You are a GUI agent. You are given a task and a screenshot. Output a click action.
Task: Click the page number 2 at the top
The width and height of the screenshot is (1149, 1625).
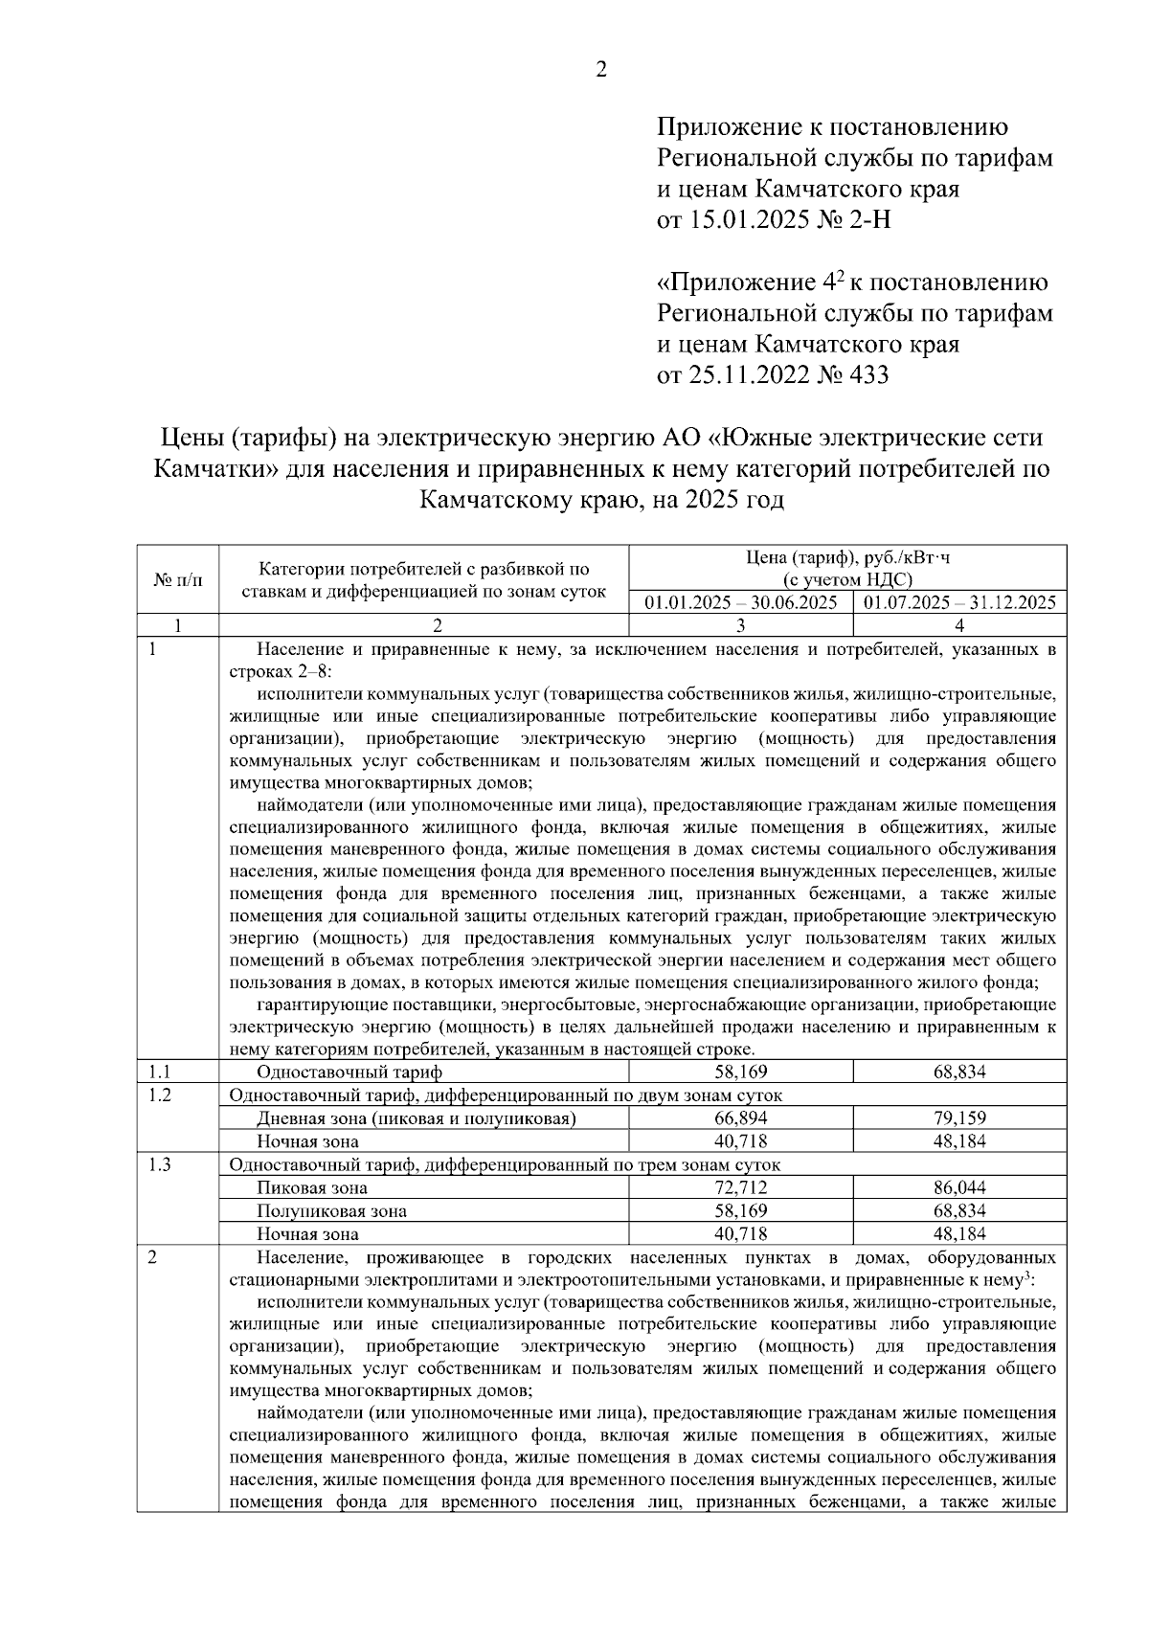tap(601, 70)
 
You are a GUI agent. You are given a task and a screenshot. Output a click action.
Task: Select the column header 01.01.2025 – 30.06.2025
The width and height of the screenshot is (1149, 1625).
tap(741, 602)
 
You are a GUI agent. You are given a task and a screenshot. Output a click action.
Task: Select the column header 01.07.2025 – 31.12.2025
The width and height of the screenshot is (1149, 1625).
tap(959, 602)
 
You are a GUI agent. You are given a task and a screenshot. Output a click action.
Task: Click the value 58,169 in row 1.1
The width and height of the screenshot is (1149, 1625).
tap(741, 1072)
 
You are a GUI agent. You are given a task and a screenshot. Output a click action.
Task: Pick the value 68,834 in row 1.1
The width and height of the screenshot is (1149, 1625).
tap(959, 1072)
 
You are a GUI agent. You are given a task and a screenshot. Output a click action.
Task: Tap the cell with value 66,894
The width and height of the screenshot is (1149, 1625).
tap(741, 1118)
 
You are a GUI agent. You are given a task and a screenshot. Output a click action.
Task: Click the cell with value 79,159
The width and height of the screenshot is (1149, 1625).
tap(959, 1118)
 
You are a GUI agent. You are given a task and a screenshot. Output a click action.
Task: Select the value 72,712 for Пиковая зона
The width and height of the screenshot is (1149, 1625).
tap(741, 1188)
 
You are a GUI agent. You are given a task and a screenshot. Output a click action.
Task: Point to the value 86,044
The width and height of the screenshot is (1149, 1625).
tap(959, 1188)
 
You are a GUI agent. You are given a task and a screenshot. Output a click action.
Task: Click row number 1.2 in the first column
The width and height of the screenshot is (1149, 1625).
tap(160, 1095)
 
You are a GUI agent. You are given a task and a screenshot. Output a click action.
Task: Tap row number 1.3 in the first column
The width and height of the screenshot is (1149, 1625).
tap(160, 1164)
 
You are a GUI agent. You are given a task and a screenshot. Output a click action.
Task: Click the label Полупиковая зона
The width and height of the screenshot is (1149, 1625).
tap(331, 1211)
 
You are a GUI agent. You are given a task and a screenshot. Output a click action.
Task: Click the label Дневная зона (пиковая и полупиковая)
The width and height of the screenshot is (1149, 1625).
tap(416, 1118)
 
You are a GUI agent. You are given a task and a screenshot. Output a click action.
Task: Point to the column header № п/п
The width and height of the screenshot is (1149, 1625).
tap(177, 580)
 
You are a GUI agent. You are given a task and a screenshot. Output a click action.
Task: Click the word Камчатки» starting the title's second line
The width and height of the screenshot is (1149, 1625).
tap(214, 469)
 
